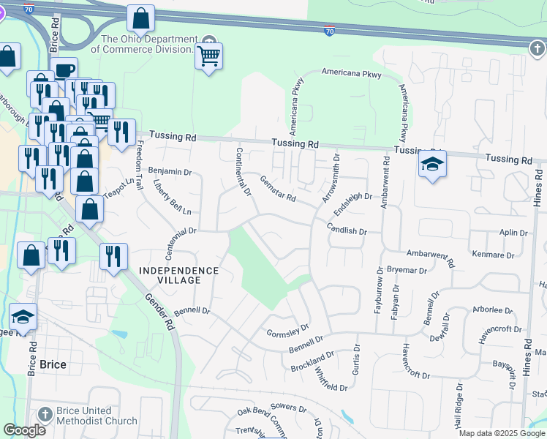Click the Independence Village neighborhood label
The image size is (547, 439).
(178, 275)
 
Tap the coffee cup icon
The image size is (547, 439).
(64, 70)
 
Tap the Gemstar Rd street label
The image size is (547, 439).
(278, 189)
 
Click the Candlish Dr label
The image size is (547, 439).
(347, 230)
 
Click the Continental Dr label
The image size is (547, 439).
(243, 173)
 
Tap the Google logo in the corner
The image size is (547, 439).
(24, 430)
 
